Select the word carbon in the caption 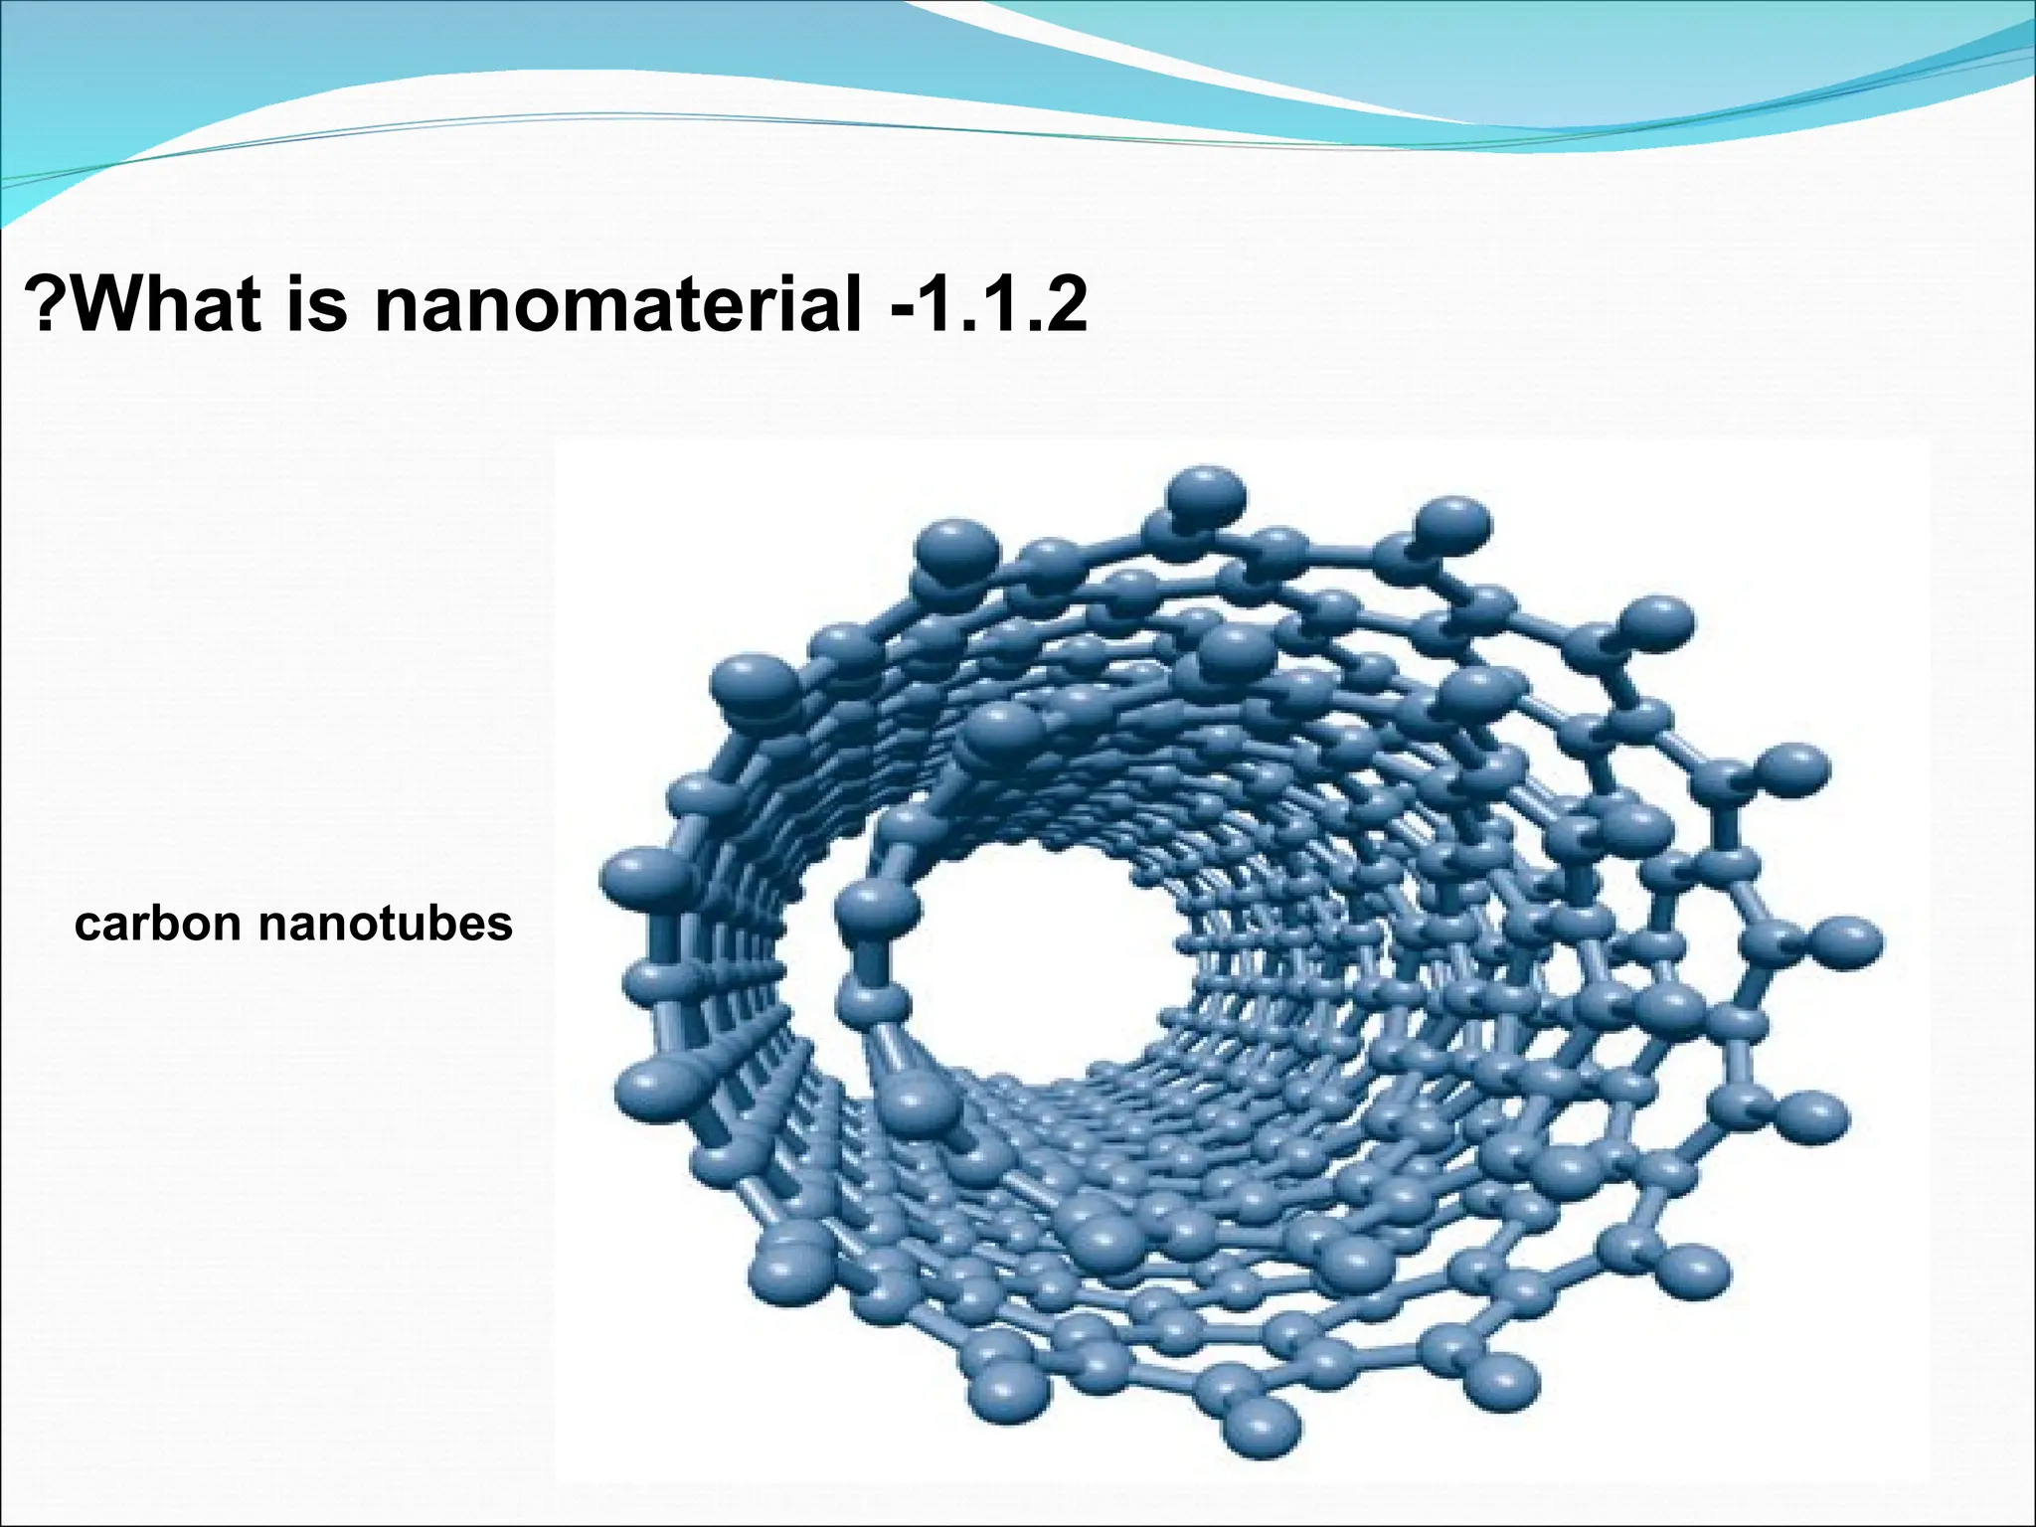158,925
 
